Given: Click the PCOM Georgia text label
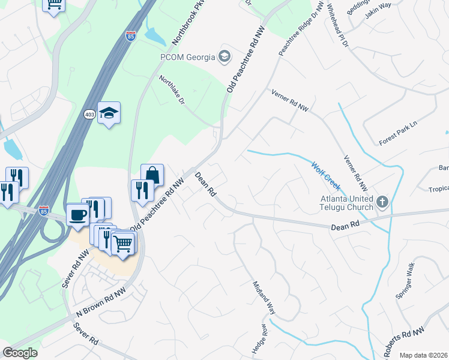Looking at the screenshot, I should [187, 58].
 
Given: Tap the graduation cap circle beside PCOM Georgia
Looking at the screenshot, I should [224, 58].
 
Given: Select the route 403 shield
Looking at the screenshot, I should [89, 115].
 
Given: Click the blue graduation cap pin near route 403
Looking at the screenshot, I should [109, 113].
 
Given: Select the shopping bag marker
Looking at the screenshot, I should [152, 175].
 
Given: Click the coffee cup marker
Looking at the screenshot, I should [79, 214].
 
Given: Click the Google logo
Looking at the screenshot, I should [19, 353].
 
